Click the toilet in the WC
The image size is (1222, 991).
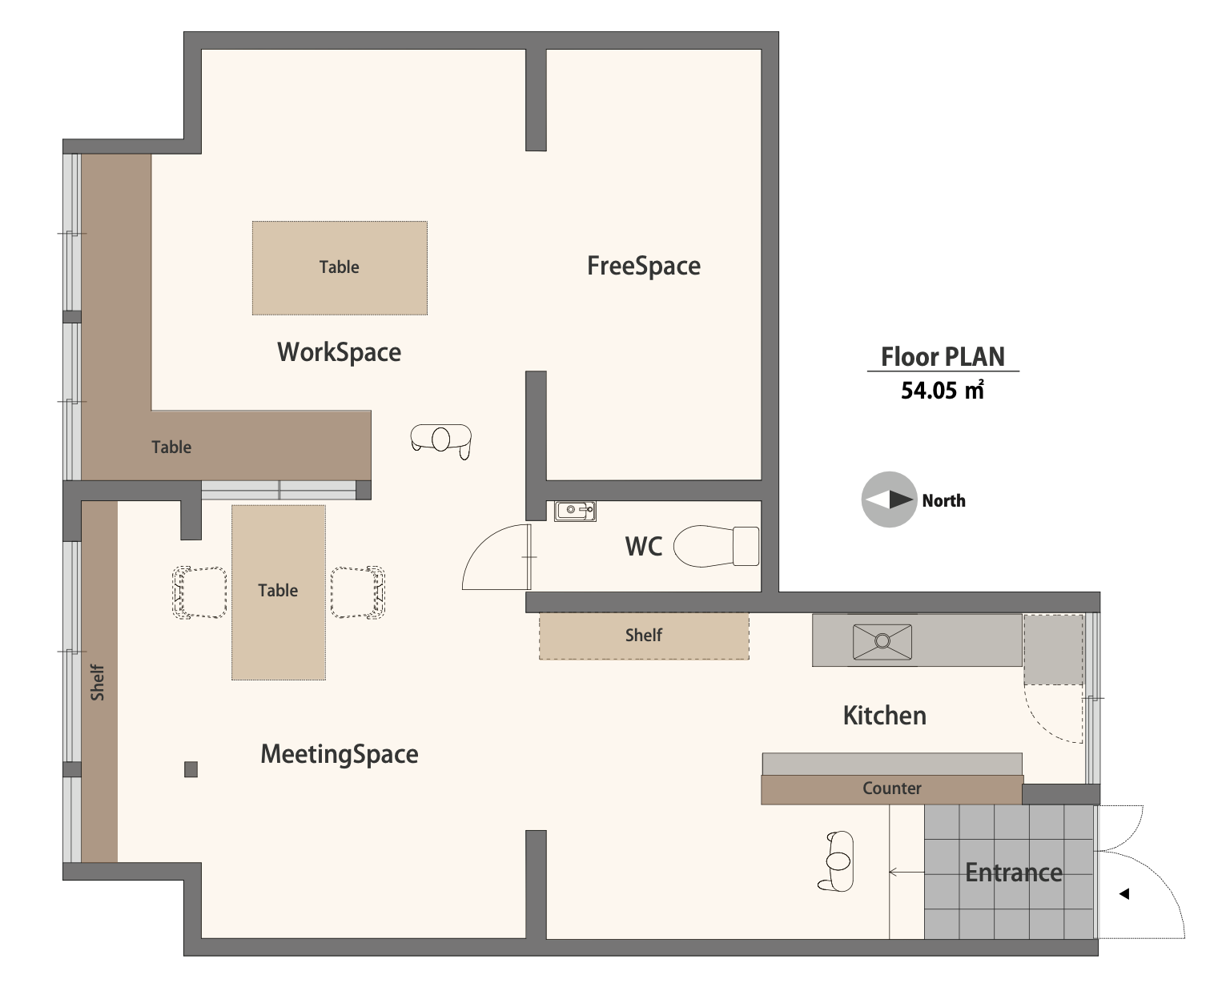coord(716,546)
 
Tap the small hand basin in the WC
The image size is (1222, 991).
coord(575,511)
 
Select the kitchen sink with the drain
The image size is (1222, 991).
coord(882,641)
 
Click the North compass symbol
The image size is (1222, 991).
coord(889,500)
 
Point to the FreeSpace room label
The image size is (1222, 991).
coord(644,266)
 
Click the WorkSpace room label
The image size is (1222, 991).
coord(339,352)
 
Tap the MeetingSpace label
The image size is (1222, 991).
coord(340,754)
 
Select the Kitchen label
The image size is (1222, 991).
coord(885,715)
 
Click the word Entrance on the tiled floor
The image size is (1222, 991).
coord(1014,873)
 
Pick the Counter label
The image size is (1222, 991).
coord(892,788)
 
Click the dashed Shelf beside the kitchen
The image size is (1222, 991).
coord(644,636)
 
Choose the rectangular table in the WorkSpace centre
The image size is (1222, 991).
coord(340,268)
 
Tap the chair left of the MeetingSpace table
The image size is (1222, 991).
coord(199,592)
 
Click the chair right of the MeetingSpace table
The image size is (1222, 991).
coord(358,592)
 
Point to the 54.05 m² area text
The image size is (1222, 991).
coord(943,391)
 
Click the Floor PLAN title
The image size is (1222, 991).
coord(943,357)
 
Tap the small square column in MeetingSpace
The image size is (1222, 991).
coord(191,769)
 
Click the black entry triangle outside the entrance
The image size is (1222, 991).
coord(1124,893)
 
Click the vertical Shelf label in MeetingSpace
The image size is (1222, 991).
coord(98,683)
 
